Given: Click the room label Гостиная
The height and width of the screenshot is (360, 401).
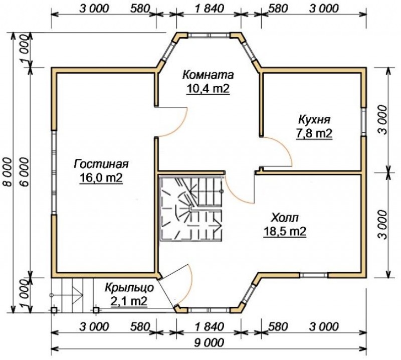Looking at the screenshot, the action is coord(101,164).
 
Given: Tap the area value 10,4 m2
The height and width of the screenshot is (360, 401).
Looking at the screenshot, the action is coord(208,89).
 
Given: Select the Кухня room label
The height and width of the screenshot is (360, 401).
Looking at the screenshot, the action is coord(314,120).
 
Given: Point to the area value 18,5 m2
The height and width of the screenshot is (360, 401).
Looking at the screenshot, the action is coord(285,232).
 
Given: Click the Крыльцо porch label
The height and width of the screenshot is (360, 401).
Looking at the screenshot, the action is coord(129,288).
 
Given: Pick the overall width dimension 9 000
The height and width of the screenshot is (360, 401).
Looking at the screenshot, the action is coord(209,342).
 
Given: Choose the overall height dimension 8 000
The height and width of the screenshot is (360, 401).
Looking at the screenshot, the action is coord(8,172).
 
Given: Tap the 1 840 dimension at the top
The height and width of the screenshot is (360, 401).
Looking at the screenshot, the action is coord(209,9).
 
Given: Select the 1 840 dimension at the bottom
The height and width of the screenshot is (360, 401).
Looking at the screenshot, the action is coord(209,327).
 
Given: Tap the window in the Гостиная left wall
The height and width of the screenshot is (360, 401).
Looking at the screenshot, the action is coord(54,172).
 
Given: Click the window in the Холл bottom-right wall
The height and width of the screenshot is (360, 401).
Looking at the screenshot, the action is coord(314,275).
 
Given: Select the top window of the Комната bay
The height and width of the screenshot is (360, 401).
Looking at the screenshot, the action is coord(209,35).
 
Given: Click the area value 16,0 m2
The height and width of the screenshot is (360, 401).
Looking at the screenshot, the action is coord(101,178).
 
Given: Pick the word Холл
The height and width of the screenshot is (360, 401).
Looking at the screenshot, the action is coord(284,218).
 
